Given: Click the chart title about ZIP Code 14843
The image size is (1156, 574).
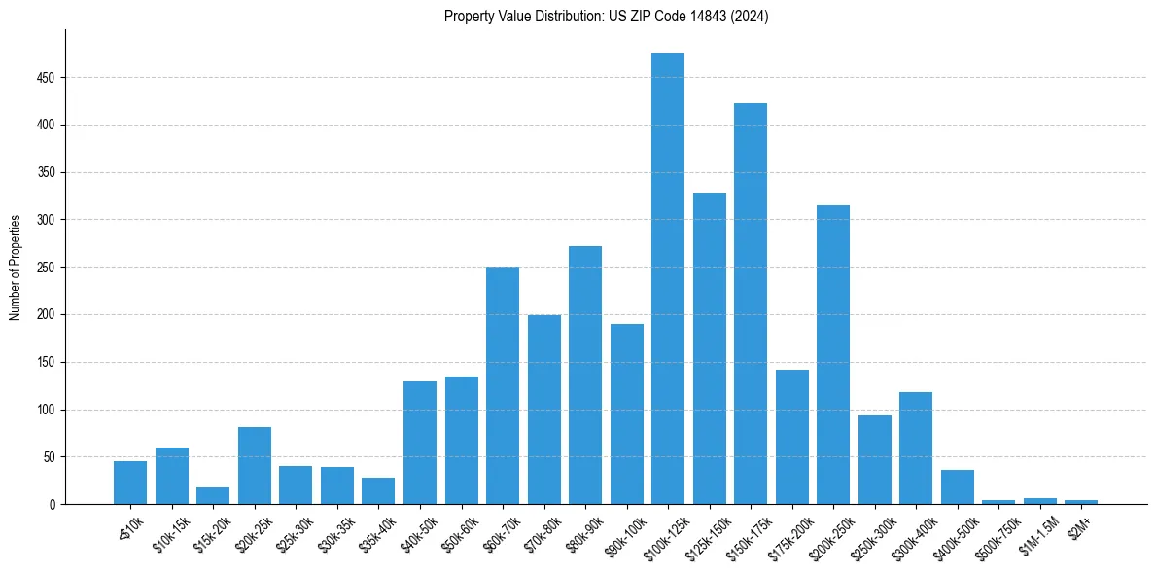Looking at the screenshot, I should tap(606, 17).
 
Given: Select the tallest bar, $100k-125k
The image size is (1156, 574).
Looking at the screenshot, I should tap(668, 278).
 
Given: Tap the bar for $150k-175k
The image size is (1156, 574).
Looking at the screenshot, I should tap(751, 304).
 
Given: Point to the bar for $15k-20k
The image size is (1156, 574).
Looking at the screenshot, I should tap(213, 496).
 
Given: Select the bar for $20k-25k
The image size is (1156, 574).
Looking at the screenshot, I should tap(255, 466).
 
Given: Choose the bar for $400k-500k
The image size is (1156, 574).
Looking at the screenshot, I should tap(958, 487).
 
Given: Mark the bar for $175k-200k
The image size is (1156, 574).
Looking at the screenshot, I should tap(792, 437).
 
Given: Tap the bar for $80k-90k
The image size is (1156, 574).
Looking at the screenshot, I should tap(585, 376).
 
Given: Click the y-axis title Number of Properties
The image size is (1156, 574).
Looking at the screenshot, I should tap(16, 268).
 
